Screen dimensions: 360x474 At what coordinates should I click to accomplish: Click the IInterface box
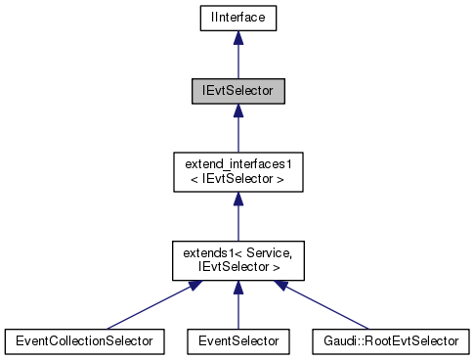[237, 17]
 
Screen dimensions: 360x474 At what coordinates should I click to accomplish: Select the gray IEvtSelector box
[237, 91]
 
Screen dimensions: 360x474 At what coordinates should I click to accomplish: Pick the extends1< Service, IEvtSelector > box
[237, 259]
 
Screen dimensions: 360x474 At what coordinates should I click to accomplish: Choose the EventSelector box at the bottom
[237, 340]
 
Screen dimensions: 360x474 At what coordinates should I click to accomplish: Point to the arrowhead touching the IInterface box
[237, 37]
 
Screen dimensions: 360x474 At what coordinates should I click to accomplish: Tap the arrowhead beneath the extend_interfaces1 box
[237, 200]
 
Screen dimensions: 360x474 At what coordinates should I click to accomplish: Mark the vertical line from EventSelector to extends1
[237, 311]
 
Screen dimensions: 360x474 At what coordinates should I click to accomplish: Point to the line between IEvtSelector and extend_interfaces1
[237, 135]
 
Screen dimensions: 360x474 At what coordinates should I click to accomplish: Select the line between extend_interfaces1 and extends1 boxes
[237, 223]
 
